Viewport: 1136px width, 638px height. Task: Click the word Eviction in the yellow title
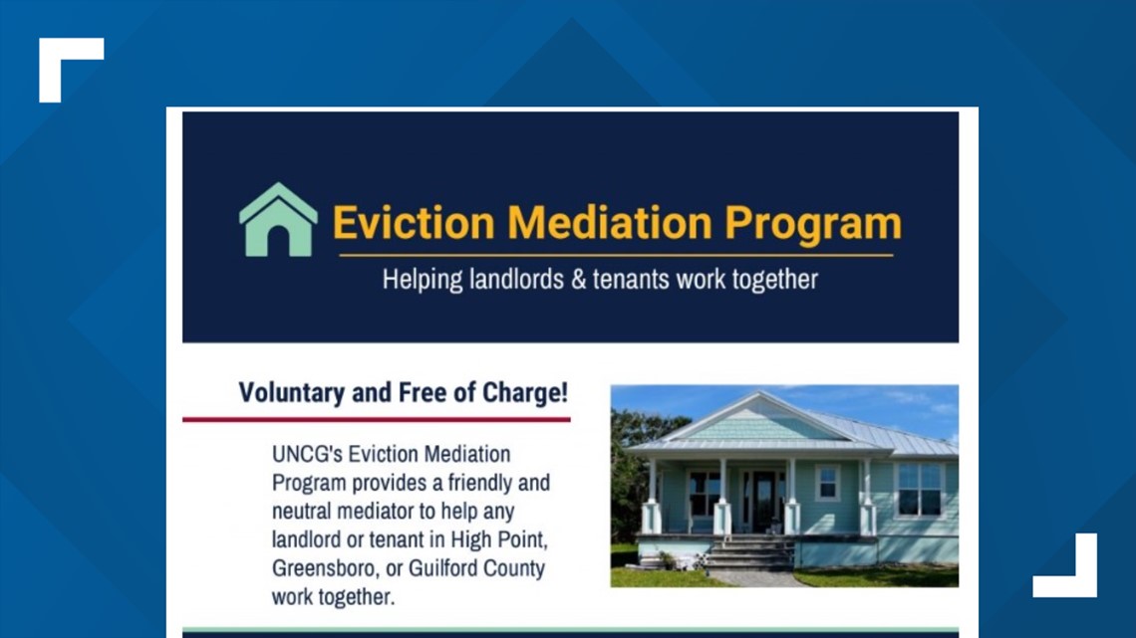[x=413, y=223]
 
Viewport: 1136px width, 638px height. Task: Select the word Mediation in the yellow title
[x=609, y=223]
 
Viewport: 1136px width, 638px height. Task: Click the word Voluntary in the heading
[x=294, y=392]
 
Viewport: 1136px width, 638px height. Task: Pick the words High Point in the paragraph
[x=506, y=540]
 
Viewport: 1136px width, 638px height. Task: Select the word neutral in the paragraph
[x=307, y=512]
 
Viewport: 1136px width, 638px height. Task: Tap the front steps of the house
[x=748, y=554]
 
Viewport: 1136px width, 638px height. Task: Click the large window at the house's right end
[x=918, y=489]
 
